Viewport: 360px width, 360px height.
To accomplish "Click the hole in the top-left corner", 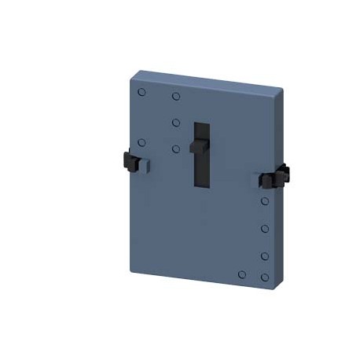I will point(141,93).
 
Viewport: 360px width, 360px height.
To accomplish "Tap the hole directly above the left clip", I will point(141,142).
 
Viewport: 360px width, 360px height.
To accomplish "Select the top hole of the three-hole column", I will point(176,97).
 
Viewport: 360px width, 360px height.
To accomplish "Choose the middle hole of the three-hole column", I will point(176,123).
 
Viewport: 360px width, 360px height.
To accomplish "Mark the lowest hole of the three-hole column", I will point(176,148).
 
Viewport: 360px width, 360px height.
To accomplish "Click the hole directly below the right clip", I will point(265,202).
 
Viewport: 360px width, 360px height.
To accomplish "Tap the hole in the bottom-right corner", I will point(265,276).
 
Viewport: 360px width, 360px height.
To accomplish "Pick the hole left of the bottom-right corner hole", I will point(242,274).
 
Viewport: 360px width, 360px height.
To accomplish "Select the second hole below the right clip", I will point(265,229).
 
